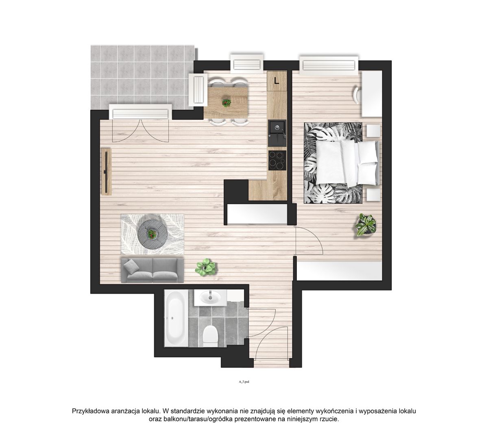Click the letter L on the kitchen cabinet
pos(276,81)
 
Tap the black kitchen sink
pos(277,133)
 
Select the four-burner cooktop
pos(277,160)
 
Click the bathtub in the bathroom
pos(176,318)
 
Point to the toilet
pos(210,335)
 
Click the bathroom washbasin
pos(210,297)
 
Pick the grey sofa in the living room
pos(152,270)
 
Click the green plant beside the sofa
pos(205,267)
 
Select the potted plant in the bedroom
pos(366,225)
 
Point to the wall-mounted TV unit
pos(106,172)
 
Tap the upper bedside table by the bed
pos(373,131)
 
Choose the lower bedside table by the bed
pos(373,195)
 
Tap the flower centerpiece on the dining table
pos(226,102)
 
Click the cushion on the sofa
pos(131,266)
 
